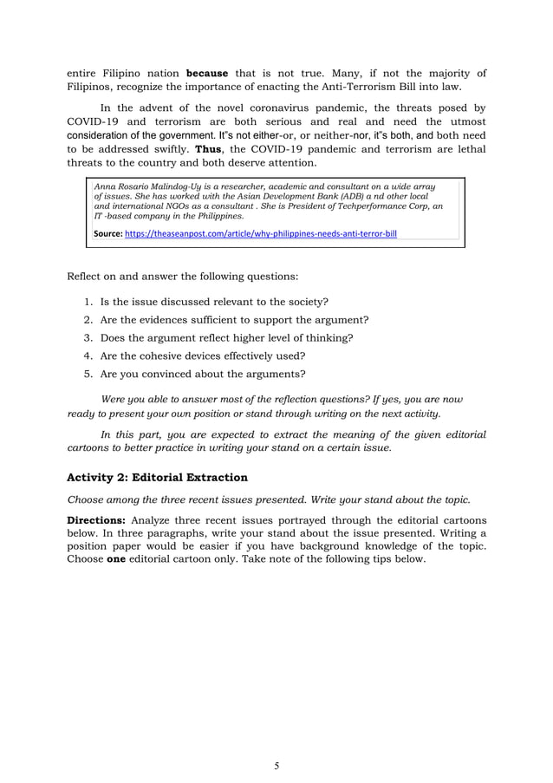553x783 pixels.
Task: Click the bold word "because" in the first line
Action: coord(207,73)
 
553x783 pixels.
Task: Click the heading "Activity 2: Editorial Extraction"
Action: coord(157,477)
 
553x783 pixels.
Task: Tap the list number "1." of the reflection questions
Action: coord(89,301)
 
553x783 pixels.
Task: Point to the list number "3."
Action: coord(89,337)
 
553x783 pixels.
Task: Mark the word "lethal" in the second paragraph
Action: coord(469,147)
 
